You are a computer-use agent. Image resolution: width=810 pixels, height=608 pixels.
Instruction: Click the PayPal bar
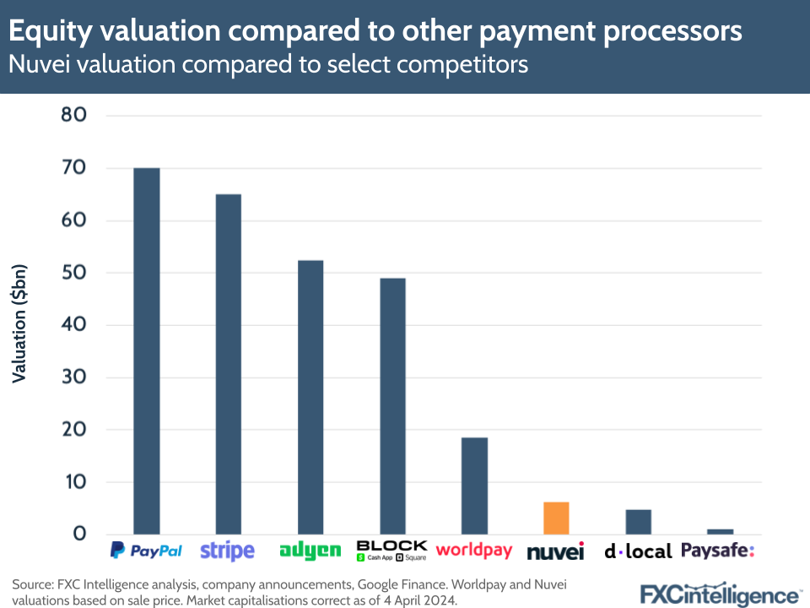click(146, 350)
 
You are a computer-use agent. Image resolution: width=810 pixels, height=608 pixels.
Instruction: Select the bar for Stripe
click(228, 364)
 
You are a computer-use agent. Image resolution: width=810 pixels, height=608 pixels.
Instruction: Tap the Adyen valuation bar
click(310, 397)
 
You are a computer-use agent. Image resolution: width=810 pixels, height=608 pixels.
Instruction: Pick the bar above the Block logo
click(392, 405)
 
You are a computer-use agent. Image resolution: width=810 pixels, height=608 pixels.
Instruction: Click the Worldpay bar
click(474, 486)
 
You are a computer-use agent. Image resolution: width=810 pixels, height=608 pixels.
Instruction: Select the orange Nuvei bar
click(556, 518)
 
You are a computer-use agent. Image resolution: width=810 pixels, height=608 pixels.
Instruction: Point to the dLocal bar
click(638, 522)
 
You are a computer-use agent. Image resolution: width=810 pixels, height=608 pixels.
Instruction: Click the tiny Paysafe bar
click(720, 531)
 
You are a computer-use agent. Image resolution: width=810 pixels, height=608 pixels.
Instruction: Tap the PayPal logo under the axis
click(146, 551)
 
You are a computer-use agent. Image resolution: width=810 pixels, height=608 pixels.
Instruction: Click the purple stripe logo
click(227, 551)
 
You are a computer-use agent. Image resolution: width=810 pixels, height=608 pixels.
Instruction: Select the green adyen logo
click(310, 551)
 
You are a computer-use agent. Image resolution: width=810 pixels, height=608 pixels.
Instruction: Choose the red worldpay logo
click(474, 550)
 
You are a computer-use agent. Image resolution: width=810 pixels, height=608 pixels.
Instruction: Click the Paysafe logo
click(717, 551)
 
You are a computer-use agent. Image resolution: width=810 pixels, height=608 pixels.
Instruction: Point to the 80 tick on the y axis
click(74, 116)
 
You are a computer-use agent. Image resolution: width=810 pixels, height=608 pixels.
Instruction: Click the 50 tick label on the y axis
click(74, 273)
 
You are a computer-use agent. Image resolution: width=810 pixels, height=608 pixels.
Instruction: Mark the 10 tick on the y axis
click(74, 482)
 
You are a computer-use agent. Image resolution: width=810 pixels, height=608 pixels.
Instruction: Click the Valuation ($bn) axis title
click(19, 324)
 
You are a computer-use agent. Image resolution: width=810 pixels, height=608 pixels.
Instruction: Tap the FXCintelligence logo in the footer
click(719, 593)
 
